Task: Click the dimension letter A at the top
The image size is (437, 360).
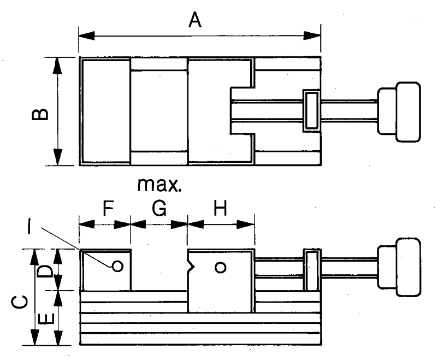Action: coord(195,20)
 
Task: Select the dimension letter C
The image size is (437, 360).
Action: coord(19,303)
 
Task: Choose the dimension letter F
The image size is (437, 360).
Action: coord(108,208)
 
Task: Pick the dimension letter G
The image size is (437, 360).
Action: coord(159,208)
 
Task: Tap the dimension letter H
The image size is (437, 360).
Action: coord(220,208)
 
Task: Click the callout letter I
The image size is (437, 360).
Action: coord(29,226)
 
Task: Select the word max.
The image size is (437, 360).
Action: coord(160,185)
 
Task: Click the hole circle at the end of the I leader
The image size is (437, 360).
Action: coord(117,267)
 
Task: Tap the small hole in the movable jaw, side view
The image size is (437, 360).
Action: coord(221,268)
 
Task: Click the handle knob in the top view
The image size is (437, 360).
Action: coord(399,112)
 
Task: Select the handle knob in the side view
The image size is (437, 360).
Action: coord(399,267)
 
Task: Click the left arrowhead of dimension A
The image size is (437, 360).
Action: coord(87,36)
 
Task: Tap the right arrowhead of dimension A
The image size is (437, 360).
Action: coord(312,36)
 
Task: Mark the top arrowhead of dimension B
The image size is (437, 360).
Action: coord(57,66)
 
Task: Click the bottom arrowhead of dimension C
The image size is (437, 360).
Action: coord(34,337)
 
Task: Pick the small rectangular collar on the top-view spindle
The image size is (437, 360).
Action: coord(311,110)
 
